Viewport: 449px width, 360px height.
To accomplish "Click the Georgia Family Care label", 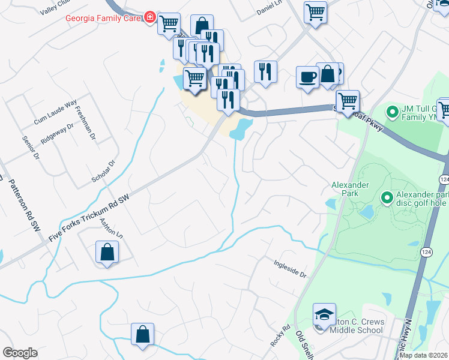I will pos(103,18).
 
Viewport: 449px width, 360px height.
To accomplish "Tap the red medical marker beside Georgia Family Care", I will pos(149,18).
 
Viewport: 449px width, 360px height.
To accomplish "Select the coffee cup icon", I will pos(307,77).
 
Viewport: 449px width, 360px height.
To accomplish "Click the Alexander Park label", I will pos(349,189).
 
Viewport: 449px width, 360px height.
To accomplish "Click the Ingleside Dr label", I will pos(290,269).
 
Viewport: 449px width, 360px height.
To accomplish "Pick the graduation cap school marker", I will pos(323,314).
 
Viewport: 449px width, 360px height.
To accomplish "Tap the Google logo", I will pos(20,353).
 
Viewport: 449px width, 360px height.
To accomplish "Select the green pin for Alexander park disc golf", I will pos(387,197).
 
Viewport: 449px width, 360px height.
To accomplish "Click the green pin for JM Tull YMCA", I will pos(393,112).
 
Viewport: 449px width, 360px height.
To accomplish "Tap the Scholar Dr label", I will pos(110,171).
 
